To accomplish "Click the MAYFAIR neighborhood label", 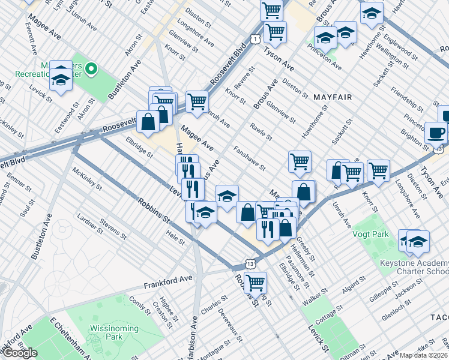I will point(331,97).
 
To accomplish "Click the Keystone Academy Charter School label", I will point(415,267).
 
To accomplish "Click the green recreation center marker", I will point(91,70).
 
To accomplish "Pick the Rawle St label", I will point(261,132).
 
